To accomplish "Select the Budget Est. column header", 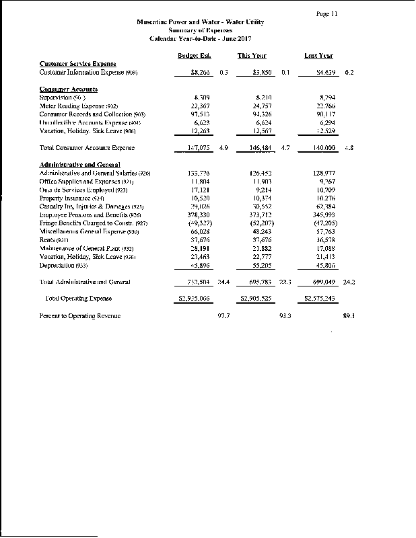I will click(x=192, y=56).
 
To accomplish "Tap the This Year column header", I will click(x=252, y=56).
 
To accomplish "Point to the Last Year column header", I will click(x=318, y=56).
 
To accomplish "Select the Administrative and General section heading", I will click(x=79, y=165).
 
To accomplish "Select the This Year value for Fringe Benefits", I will click(x=260, y=223).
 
